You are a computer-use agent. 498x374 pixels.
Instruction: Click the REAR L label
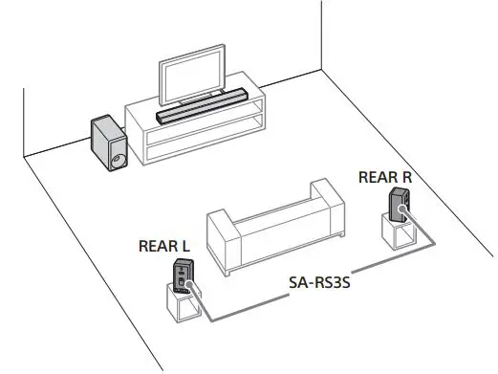point(163,246)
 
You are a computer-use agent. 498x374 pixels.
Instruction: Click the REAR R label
point(385,177)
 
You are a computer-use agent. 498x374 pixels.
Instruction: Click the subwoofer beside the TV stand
point(108,143)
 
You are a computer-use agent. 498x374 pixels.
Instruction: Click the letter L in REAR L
point(184,246)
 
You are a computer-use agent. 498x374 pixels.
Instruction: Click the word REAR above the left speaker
point(157,246)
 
